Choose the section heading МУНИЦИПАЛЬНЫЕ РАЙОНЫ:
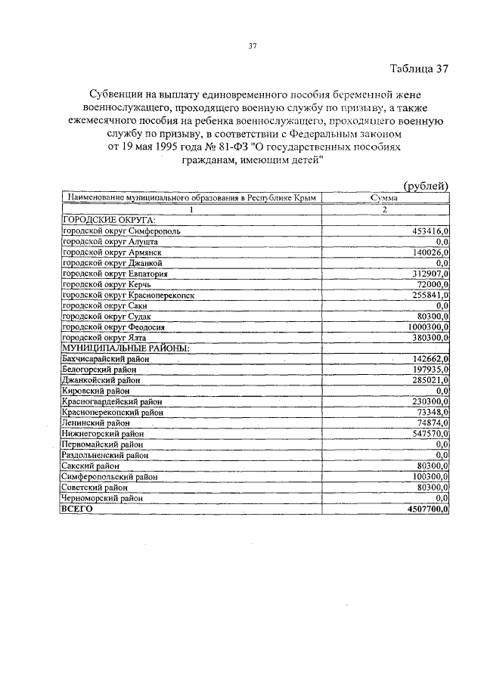pyautogui.click(x=124, y=348)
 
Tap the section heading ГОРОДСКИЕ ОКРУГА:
pyautogui.click(x=107, y=218)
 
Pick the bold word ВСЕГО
pyautogui.click(x=77, y=510)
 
